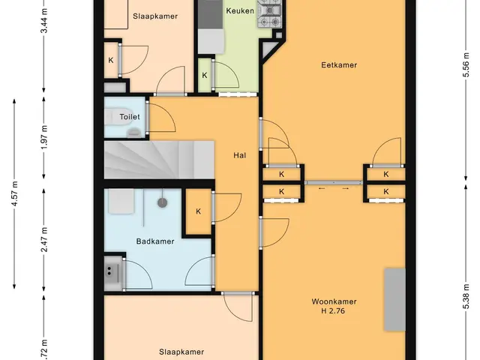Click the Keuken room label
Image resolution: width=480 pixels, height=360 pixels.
pyautogui.click(x=240, y=11)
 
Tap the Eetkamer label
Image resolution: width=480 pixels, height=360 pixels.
pyautogui.click(x=339, y=65)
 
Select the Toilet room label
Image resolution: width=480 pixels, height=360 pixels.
pyautogui.click(x=130, y=117)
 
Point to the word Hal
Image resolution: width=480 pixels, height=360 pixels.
pyautogui.click(x=240, y=155)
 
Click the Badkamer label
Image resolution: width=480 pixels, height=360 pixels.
pyautogui.click(x=155, y=241)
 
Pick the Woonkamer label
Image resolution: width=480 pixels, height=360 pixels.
pyautogui.click(x=334, y=301)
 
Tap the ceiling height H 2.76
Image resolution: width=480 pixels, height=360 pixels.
pyautogui.click(x=333, y=311)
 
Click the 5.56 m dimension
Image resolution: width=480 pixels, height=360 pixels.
pyautogui.click(x=466, y=65)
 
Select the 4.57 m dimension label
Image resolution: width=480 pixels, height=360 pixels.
pyautogui.click(x=14, y=193)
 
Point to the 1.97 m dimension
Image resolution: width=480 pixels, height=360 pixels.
pyautogui.click(x=44, y=137)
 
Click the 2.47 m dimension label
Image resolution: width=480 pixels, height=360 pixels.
pyautogui.click(x=44, y=239)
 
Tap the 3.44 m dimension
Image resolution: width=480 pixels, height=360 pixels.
pyautogui.click(x=44, y=20)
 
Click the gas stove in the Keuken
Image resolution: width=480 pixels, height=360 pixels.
pyautogui.click(x=270, y=13)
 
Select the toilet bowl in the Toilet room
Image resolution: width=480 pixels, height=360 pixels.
pyautogui.click(x=118, y=117)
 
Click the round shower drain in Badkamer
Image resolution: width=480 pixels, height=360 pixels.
pyautogui.click(x=162, y=202)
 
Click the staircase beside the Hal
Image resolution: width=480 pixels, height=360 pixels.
pyautogui.click(x=159, y=160)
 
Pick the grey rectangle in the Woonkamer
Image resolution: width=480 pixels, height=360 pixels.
pyautogui.click(x=395, y=300)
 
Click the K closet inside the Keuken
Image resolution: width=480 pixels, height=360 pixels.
pyautogui.click(x=205, y=75)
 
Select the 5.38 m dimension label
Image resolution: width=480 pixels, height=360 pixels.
pyautogui.click(x=466, y=296)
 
